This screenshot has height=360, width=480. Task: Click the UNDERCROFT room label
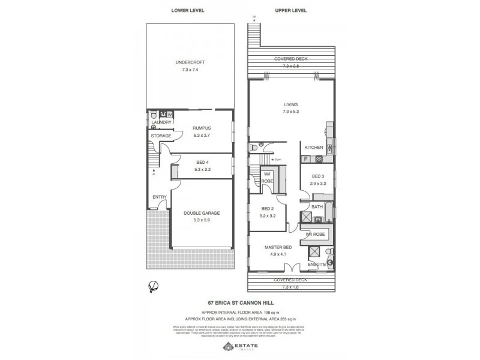pyautogui.click(x=186, y=62)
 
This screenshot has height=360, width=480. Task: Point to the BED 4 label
pyautogui.click(x=202, y=162)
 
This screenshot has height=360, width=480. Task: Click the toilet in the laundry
pyautogui.click(x=154, y=113)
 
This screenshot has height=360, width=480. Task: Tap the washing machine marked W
pyautogui.click(x=170, y=114)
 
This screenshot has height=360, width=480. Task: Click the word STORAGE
pyautogui.click(x=161, y=136)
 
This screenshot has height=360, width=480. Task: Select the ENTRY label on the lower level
pyautogui.click(x=159, y=197)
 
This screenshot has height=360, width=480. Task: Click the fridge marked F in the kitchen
pyautogui.click(x=307, y=160)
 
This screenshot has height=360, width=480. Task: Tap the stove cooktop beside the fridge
pyautogui.click(x=319, y=160)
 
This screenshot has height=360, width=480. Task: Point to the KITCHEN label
pyautogui.click(x=314, y=147)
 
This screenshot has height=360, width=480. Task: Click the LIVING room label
pyautogui.click(x=291, y=104)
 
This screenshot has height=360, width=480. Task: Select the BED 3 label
pyautogui.click(x=318, y=176)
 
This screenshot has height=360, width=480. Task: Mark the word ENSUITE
pyautogui.click(x=316, y=264)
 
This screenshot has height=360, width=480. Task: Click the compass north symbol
pyautogui.click(x=154, y=286)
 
